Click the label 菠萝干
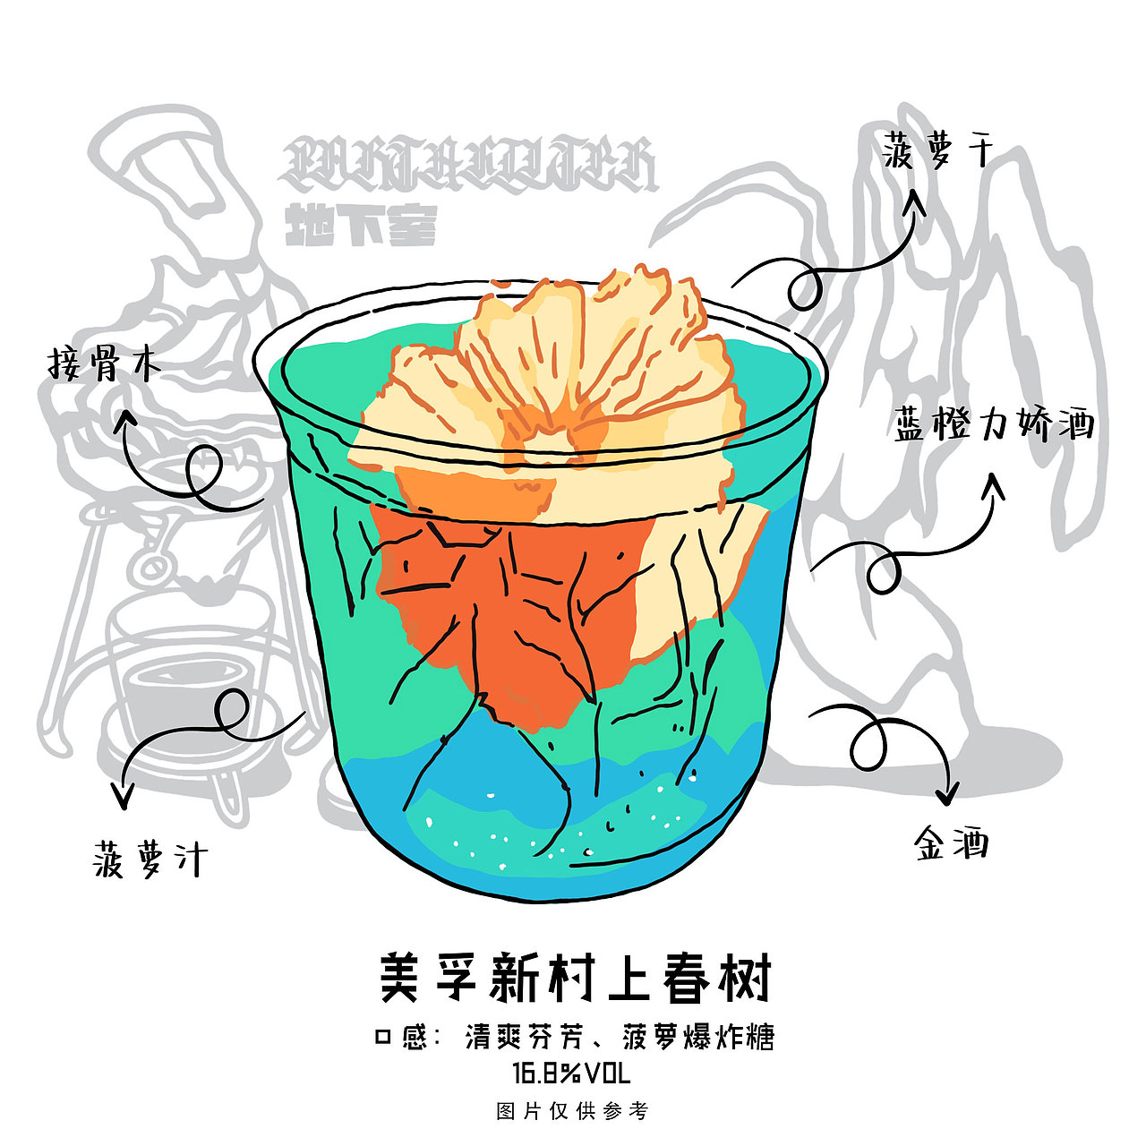click(937, 150)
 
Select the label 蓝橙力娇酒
click(994, 423)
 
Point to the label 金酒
click(951, 843)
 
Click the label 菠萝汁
click(150, 859)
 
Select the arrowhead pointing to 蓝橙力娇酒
click(993, 486)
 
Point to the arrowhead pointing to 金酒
click(945, 793)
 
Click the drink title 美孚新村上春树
click(574, 979)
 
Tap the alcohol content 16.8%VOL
click(571, 1073)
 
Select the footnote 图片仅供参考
click(572, 1111)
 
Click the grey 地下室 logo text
click(360, 227)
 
